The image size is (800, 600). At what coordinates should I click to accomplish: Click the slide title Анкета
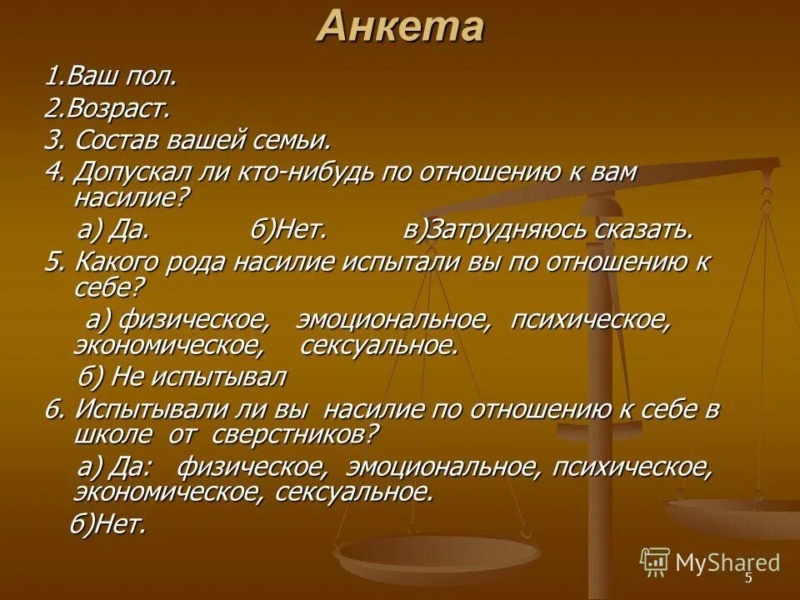coord(400,27)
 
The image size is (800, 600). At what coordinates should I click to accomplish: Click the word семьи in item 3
coord(291,140)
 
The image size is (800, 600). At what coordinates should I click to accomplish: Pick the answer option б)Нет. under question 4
coord(288,229)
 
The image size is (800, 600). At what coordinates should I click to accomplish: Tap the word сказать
coord(639,229)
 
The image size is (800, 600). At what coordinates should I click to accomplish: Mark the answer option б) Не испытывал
coord(182,377)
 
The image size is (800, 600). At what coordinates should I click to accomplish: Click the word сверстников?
coord(295,434)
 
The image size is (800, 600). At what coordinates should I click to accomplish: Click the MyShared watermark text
coord(727,563)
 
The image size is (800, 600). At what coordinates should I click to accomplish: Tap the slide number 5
coord(748,578)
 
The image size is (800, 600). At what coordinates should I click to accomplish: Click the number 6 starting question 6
coord(53,409)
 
